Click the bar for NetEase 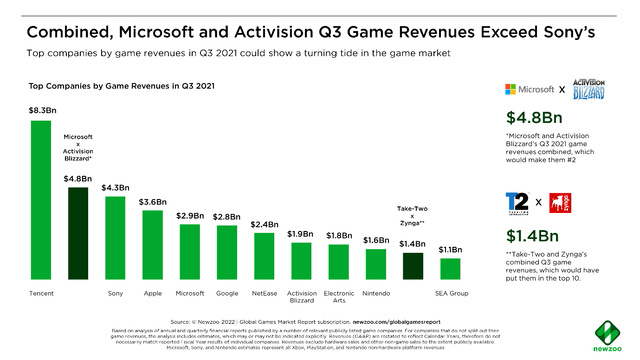pyautogui.click(x=265, y=256)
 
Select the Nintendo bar pyautogui.click(x=375, y=264)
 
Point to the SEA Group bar pyautogui.click(x=450, y=269)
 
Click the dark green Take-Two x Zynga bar pyautogui.click(x=413, y=266)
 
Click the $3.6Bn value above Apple pyautogui.click(x=152, y=201)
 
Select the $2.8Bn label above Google pyautogui.click(x=227, y=215)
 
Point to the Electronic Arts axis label pyautogui.click(x=339, y=298)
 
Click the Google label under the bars pyautogui.click(x=227, y=294)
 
